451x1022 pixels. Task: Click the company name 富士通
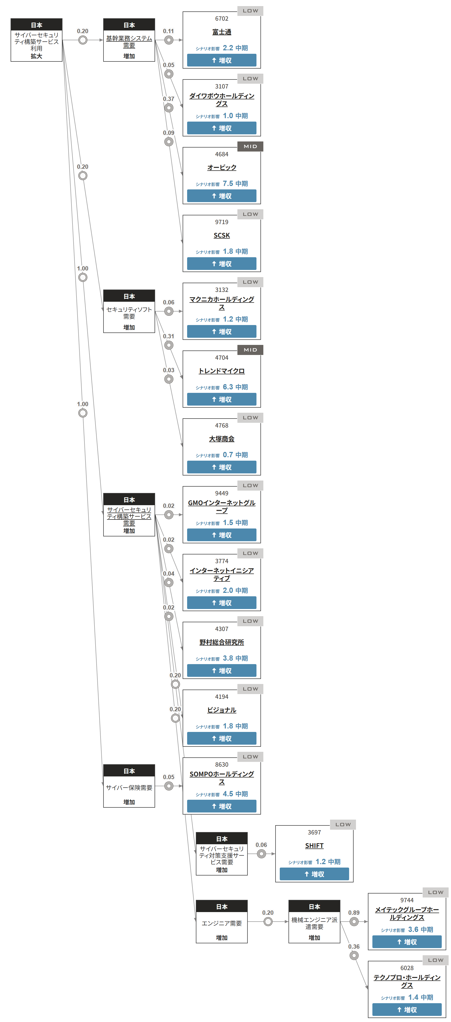pyautogui.click(x=222, y=32)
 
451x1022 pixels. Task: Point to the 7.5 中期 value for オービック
pyautogui.click(x=235, y=184)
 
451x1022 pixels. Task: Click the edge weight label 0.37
pyautogui.click(x=168, y=99)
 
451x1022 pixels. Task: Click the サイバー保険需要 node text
pyautogui.click(x=129, y=788)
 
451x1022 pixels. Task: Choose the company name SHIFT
pyautogui.click(x=314, y=846)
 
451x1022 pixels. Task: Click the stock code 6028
pyautogui.click(x=407, y=968)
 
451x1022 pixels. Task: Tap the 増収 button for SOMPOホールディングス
pyautogui.click(x=222, y=806)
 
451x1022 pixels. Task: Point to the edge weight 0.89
pyautogui.click(x=354, y=913)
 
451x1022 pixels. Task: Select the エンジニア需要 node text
pyautogui.click(x=222, y=923)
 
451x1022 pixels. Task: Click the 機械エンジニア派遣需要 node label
pyautogui.click(x=314, y=923)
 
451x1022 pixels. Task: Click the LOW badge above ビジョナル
pyautogui.click(x=250, y=689)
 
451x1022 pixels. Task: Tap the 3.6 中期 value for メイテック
pyautogui.click(x=420, y=930)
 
